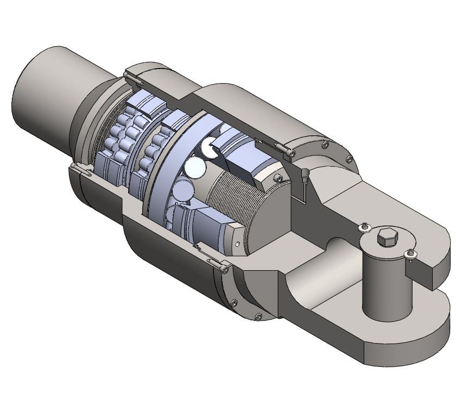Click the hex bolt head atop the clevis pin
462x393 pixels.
point(385,238)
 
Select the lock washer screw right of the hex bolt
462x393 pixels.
point(410,253)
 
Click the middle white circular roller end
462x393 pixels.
point(194,167)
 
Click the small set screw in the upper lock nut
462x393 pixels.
point(279,178)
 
